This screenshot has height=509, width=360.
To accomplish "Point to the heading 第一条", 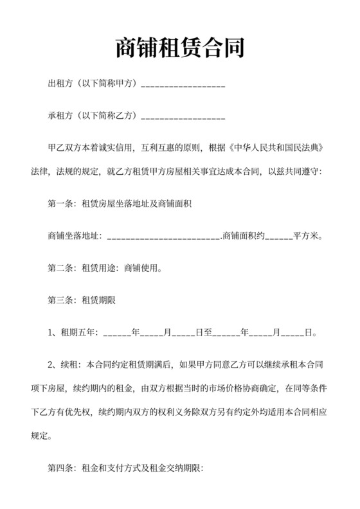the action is point(62,204).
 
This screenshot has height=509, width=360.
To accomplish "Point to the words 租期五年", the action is point(78,333).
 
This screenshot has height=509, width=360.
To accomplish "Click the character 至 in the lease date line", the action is point(208,333).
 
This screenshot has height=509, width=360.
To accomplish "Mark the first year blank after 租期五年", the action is point(116,334).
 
